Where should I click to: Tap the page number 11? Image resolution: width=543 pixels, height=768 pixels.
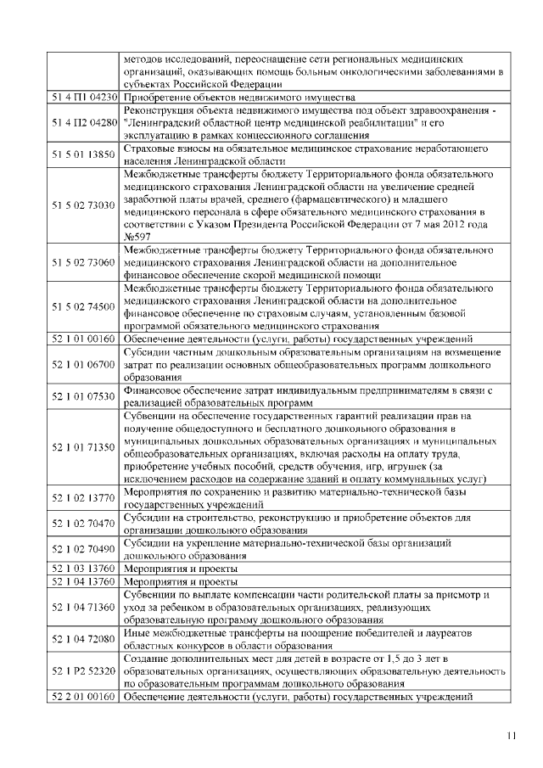tap(511, 735)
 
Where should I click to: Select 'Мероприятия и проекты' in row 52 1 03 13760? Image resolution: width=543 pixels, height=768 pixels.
tap(180, 568)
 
